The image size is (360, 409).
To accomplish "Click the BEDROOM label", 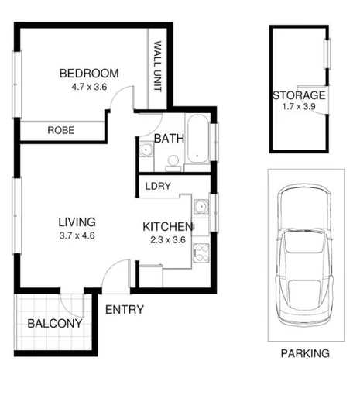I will click(89, 74).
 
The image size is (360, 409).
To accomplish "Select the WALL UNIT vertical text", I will click(157, 67).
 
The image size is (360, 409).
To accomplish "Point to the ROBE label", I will click(60, 131).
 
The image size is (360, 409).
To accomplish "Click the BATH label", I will click(168, 139).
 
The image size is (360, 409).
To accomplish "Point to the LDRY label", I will click(158, 186).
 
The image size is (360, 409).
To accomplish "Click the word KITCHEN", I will click(166, 227).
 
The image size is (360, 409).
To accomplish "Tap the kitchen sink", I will click(201, 207).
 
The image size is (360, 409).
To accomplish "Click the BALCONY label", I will click(54, 324).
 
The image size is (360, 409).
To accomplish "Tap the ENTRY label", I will click(124, 310).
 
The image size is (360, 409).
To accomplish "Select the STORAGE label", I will click(299, 95).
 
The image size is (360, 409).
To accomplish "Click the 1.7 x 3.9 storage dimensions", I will click(299, 108).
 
